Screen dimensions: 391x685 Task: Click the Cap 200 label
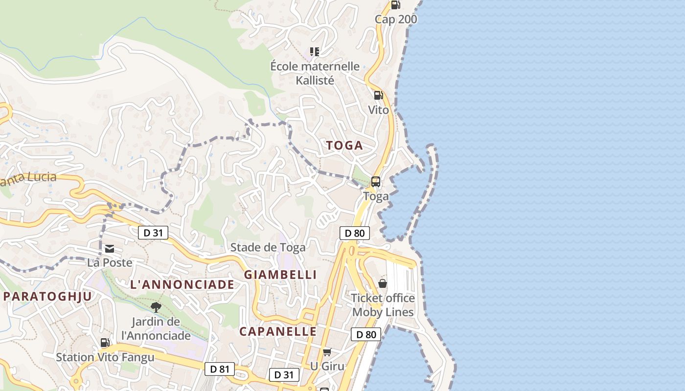[396, 20]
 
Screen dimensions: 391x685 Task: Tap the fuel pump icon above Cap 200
[395, 5]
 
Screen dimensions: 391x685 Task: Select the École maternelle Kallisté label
[315, 73]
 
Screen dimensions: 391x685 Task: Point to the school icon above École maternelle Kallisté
[315, 51]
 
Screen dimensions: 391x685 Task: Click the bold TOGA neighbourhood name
[344, 146]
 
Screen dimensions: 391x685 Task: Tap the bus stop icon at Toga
[376, 182]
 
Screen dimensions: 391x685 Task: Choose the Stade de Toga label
[268, 247]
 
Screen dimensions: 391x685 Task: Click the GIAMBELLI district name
[280, 275]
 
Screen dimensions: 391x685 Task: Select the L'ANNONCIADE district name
[182, 285]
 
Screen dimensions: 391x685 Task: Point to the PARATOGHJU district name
[47, 296]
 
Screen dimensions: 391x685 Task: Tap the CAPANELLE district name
[278, 331]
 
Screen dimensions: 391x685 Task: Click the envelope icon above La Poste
[110, 249]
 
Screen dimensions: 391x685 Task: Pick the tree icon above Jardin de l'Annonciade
[156, 307]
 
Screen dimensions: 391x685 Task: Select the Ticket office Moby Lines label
[383, 305]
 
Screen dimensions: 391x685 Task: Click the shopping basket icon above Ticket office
[383, 283]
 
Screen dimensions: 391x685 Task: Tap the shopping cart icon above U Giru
[327, 352]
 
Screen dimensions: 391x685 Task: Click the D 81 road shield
[219, 369]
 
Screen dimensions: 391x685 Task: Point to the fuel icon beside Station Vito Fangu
[105, 343]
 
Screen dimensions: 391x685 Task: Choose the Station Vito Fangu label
[105, 357]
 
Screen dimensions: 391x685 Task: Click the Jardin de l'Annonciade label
[156, 329]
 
